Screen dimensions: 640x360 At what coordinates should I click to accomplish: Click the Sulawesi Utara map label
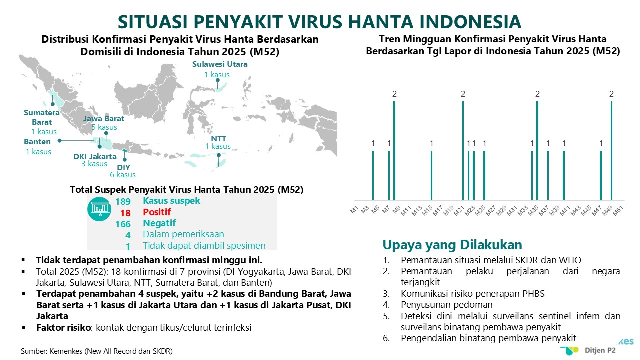point(220,64)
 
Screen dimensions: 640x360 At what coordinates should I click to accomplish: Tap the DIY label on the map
point(123,167)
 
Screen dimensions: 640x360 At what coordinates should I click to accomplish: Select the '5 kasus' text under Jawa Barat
point(104,127)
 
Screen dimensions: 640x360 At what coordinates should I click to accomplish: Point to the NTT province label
point(219,139)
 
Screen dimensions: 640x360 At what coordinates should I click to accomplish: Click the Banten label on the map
point(37,142)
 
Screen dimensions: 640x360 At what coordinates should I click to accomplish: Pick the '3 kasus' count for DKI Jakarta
point(94,164)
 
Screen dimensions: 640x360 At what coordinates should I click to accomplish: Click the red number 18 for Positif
point(125,213)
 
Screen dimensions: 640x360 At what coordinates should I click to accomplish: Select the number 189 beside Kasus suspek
point(123,201)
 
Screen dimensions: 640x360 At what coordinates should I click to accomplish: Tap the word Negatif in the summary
point(159,223)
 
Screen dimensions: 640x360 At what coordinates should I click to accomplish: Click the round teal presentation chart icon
point(99,209)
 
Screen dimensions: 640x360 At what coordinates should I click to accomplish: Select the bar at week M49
point(611,151)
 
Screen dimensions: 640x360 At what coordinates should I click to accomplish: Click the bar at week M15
point(431,175)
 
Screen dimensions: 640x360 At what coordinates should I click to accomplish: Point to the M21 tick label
point(459,211)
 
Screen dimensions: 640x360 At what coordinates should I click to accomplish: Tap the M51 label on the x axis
point(618,211)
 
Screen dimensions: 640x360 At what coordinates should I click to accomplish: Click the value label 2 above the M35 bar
point(537,94)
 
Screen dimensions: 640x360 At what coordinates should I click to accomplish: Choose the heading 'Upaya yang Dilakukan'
point(452,245)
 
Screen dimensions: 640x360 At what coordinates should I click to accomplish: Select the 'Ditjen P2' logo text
point(600,350)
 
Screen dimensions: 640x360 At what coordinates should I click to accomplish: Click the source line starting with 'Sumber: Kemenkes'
point(97,351)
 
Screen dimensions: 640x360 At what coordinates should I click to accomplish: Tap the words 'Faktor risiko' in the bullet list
point(63,327)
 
